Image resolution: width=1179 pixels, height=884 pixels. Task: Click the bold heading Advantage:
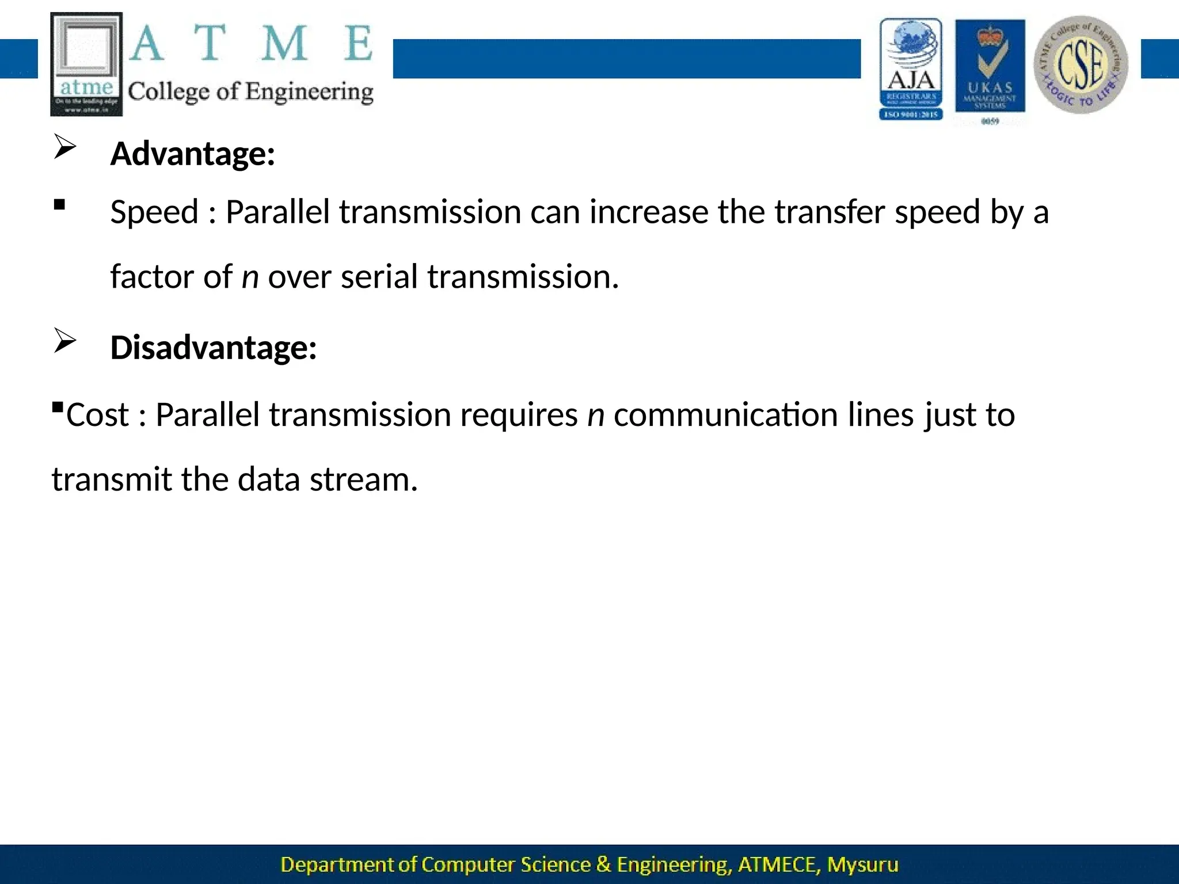192,154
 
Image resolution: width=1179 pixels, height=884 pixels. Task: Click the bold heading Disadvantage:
213,348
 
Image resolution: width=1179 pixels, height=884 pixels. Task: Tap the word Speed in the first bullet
154,212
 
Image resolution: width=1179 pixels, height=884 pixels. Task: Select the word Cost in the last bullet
97,415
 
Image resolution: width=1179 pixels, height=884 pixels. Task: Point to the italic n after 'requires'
596,416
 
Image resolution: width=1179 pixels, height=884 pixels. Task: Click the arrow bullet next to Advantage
65,147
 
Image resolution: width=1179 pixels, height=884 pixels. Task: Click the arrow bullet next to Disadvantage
65,341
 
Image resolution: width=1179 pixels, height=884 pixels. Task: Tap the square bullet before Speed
59,204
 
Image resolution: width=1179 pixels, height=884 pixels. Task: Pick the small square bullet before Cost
57,407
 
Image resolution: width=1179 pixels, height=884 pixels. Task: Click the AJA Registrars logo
911,68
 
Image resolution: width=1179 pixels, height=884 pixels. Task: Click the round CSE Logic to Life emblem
1081,64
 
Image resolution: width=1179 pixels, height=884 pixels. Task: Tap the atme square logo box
86,64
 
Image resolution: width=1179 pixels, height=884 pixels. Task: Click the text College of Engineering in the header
250,92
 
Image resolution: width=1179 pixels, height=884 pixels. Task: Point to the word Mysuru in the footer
862,864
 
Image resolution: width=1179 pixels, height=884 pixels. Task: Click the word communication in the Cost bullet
725,416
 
